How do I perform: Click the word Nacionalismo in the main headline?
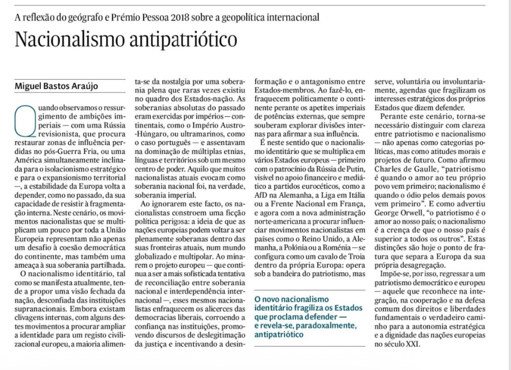(67, 39)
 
